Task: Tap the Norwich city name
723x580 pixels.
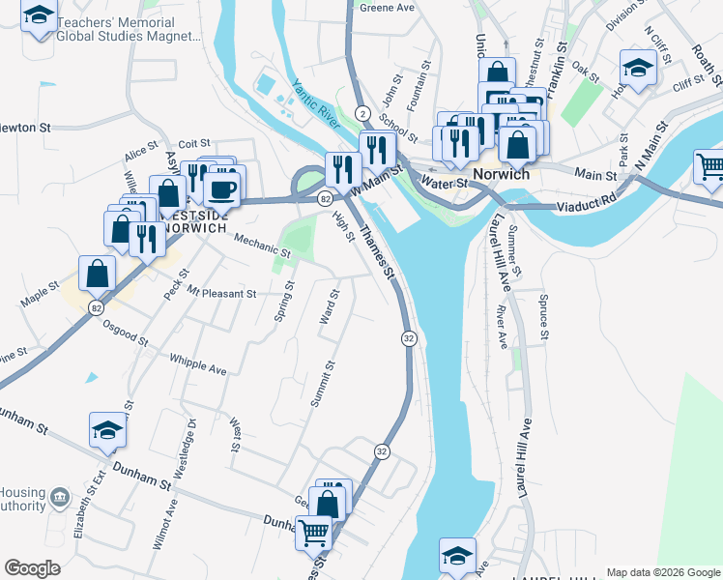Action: pyautogui.click(x=503, y=175)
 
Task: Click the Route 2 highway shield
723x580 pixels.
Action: pyautogui.click(x=360, y=112)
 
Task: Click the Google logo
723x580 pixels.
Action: pyautogui.click(x=32, y=568)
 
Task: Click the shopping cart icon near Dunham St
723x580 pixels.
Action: pyautogui.click(x=313, y=533)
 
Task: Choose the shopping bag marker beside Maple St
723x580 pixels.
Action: pyautogui.click(x=98, y=275)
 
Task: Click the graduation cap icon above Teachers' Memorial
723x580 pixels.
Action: pyautogui.click(x=39, y=16)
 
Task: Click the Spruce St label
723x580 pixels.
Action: pyautogui.click(x=544, y=319)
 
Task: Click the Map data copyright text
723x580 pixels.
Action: pyautogui.click(x=663, y=572)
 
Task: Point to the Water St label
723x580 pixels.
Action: pyautogui.click(x=446, y=183)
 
